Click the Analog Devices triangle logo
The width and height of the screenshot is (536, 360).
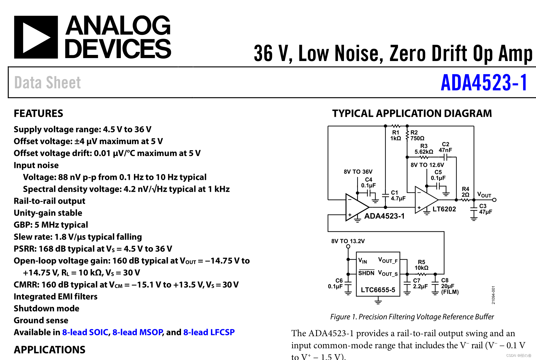36,37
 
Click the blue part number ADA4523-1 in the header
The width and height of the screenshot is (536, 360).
484,83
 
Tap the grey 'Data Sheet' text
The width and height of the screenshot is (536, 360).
48,83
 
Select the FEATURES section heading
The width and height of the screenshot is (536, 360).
38,113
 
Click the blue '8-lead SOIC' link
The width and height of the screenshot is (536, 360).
85,332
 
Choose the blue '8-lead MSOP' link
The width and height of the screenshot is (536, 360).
138,332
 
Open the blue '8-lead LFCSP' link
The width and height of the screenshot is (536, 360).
209,332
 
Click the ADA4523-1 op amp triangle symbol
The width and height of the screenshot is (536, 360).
356,207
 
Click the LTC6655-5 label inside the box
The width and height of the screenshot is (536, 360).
378,290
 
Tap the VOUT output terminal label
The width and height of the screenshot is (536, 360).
484,195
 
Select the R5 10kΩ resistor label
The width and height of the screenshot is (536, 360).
421,265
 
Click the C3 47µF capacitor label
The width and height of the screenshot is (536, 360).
485,209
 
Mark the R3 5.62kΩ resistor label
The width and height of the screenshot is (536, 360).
424,149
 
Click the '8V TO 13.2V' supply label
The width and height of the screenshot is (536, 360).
348,241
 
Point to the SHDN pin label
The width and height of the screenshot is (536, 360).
366,273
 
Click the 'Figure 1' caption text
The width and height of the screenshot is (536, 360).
412,317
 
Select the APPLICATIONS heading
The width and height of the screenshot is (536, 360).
50,350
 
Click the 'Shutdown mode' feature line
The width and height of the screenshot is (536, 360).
46,308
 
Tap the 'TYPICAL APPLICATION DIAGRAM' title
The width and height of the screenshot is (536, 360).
412,113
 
